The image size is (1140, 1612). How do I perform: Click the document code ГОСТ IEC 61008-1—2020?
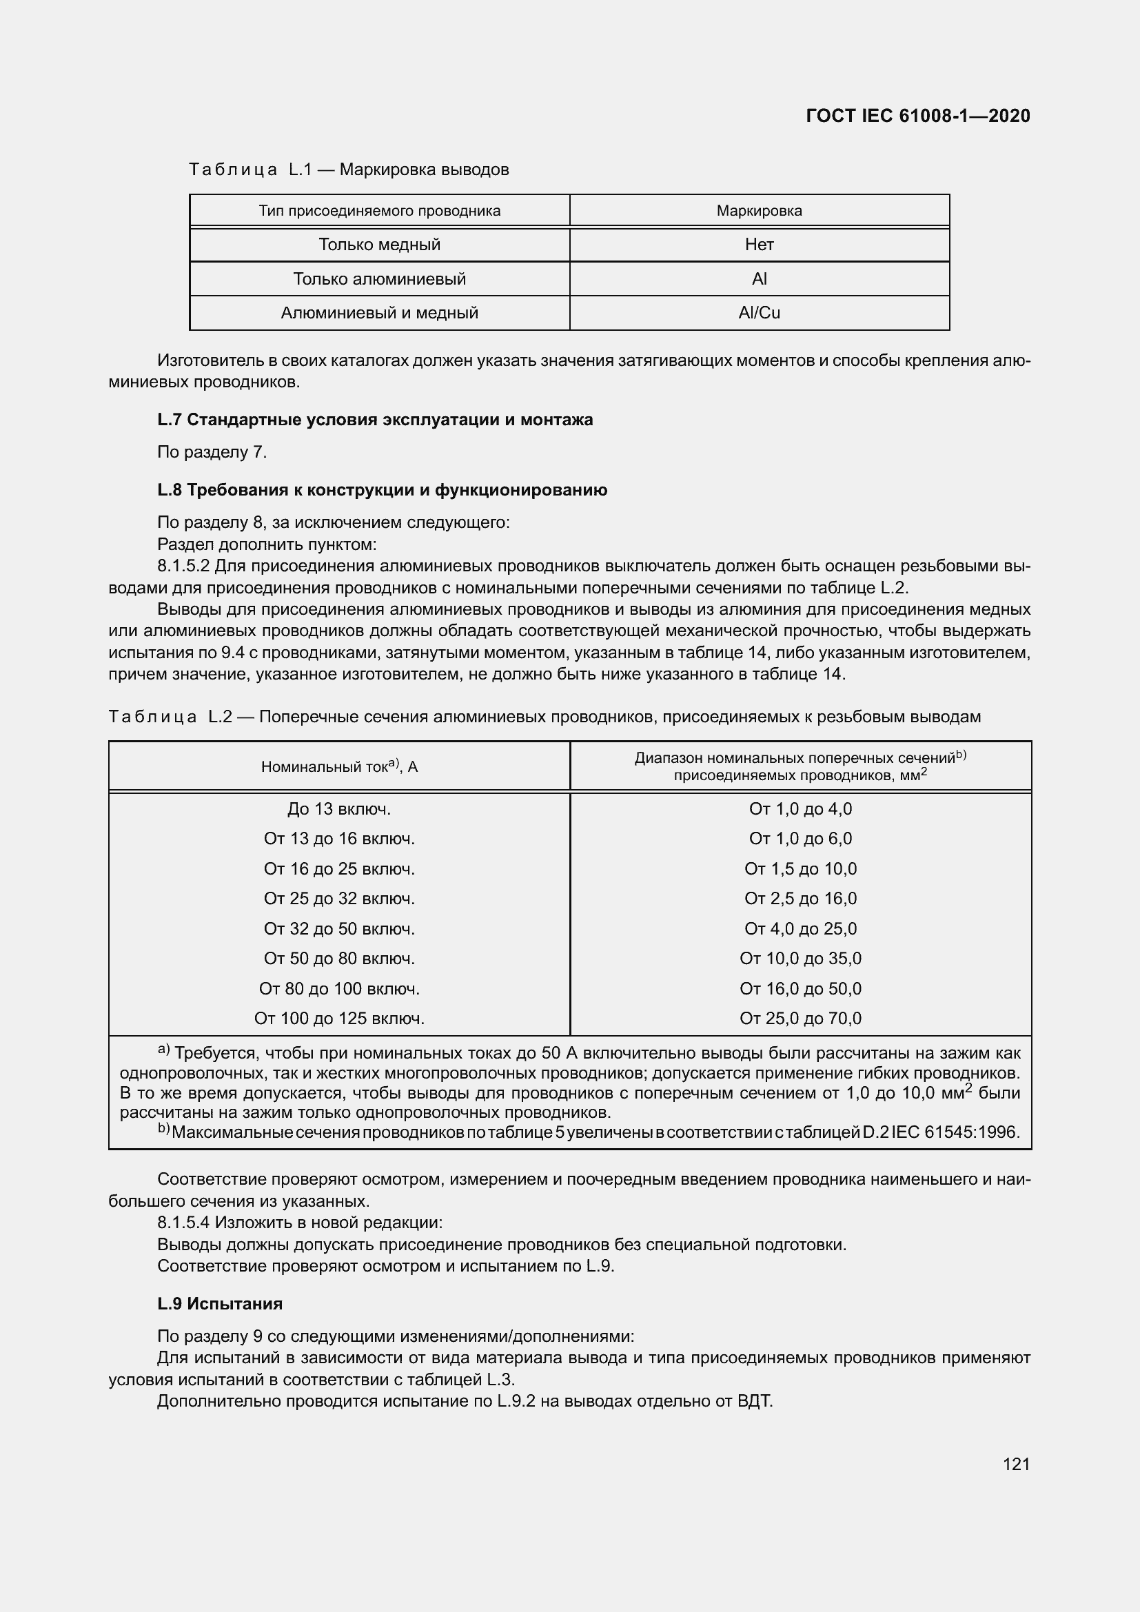click(x=918, y=116)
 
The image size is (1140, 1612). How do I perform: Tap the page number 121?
click(x=1016, y=1464)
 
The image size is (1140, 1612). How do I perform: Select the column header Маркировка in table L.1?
click(x=759, y=211)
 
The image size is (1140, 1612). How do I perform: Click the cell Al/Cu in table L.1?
click(x=759, y=313)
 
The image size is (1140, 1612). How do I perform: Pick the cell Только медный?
click(x=379, y=245)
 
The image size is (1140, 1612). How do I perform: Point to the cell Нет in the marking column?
click(x=759, y=245)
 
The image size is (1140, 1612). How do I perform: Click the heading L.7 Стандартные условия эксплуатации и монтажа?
click(x=375, y=420)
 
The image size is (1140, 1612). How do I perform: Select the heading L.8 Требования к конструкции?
click(x=382, y=490)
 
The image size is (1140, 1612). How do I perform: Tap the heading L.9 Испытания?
click(x=220, y=1304)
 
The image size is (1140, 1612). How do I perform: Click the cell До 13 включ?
click(x=339, y=809)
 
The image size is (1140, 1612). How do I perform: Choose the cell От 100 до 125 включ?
click(x=339, y=1018)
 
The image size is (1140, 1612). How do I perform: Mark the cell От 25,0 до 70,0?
click(x=800, y=1018)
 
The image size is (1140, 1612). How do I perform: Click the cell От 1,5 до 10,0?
click(x=800, y=868)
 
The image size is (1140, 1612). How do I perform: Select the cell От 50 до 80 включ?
click(x=339, y=959)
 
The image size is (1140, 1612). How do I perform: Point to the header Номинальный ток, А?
click(x=339, y=766)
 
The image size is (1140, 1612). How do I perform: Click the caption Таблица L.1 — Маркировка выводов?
click(x=349, y=170)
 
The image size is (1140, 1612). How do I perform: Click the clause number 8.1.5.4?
click(x=183, y=1223)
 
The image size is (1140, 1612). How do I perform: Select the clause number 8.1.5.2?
click(x=183, y=566)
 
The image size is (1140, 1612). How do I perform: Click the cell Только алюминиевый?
click(x=379, y=279)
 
